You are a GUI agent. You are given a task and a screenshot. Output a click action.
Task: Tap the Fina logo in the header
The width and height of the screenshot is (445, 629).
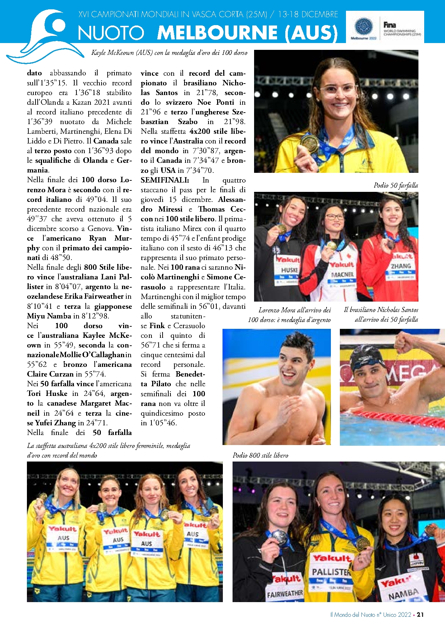pyautogui.click(x=389, y=25)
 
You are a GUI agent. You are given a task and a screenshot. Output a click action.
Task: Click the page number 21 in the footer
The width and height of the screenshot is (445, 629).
pyautogui.click(x=420, y=614)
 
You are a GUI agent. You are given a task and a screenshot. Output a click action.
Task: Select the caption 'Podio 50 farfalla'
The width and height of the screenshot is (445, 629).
pyautogui.click(x=395, y=185)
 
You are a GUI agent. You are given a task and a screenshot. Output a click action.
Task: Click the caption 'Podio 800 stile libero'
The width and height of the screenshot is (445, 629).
pyautogui.click(x=260, y=455)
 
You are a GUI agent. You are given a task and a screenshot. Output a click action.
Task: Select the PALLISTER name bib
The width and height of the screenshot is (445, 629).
pyautogui.click(x=331, y=569)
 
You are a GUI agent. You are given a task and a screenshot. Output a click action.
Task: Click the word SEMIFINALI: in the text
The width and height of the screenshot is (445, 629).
pyautogui.click(x=165, y=180)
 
